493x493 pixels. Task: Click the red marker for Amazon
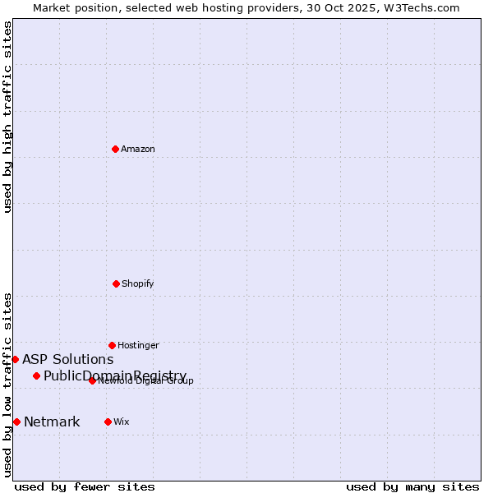pos(116,149)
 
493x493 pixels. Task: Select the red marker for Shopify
pos(116,283)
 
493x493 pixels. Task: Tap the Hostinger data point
pos(112,345)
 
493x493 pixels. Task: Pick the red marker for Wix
pos(108,422)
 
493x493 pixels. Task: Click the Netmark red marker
pos(16,422)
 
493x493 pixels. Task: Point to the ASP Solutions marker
pos(15,359)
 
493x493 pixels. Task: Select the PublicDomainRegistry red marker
pos(36,376)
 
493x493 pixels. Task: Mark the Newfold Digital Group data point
pos(92,380)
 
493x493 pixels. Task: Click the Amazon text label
pos(138,149)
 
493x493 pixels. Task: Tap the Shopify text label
pos(138,283)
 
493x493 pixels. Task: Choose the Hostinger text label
pos(138,345)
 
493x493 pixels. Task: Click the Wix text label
pos(122,422)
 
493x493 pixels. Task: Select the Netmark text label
pos(52,422)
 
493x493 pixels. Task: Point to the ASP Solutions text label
pos(67,359)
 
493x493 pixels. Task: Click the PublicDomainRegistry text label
pos(115,376)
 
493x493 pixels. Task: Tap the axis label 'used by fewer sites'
pos(85,486)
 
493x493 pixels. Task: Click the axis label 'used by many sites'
pos(412,486)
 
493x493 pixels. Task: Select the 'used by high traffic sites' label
pos(7,117)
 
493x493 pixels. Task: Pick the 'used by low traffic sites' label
pos(7,384)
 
